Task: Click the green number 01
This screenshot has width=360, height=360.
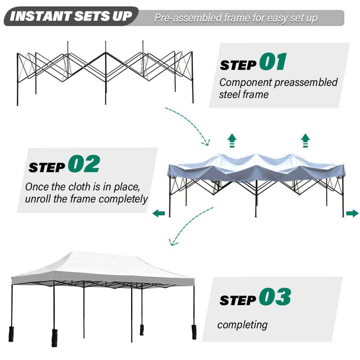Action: coord(273,61)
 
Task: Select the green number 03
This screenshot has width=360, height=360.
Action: coord(275,297)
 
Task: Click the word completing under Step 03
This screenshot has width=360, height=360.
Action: coord(242,325)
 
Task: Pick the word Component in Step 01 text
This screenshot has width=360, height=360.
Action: coord(245,83)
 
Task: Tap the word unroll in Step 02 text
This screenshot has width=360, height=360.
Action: coord(38,199)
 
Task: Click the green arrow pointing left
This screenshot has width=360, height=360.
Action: coord(159,213)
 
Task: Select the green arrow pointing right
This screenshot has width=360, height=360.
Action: coord(352,213)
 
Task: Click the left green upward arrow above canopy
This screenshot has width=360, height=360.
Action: coord(232,140)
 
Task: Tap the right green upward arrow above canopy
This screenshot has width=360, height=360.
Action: coord(305,140)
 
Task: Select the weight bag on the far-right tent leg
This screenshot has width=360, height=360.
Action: coord(194,332)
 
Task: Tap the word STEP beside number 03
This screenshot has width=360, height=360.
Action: coord(237,300)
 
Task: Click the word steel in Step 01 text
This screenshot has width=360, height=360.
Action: coord(230,94)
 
